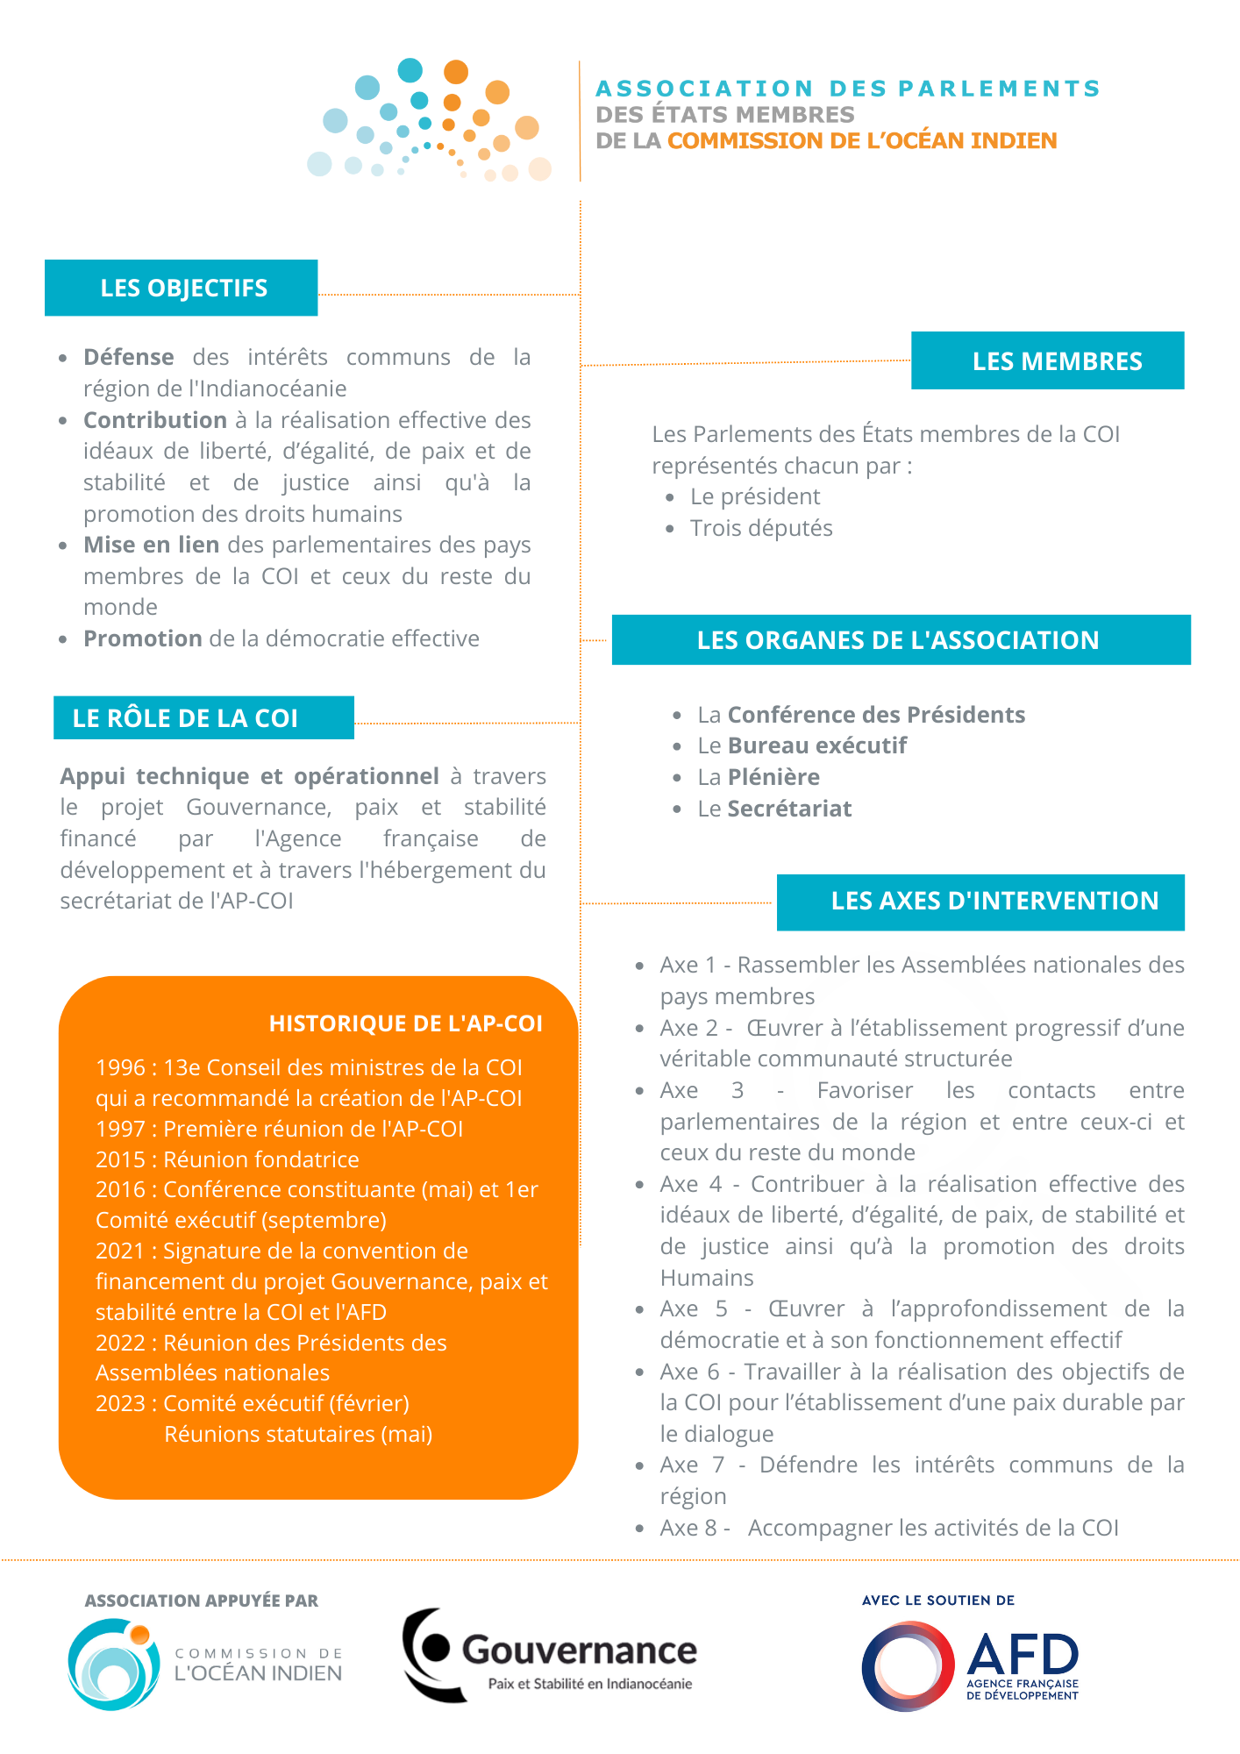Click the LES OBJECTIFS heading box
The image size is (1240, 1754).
(x=182, y=288)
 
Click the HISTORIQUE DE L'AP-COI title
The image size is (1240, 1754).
(x=405, y=1023)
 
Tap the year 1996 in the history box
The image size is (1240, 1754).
(x=120, y=1067)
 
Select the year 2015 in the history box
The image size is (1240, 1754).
(x=120, y=1159)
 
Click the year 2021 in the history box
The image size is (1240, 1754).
(x=120, y=1251)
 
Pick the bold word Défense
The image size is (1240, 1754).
(x=129, y=358)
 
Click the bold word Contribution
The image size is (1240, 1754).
(x=155, y=420)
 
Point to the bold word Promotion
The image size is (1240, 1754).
(x=143, y=638)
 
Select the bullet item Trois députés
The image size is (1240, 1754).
(x=761, y=528)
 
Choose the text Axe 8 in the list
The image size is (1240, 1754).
(x=688, y=1528)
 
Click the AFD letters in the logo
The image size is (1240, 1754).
(x=1022, y=1654)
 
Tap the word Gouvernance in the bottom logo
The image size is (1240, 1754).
(x=579, y=1651)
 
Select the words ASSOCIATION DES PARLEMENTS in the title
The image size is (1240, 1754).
(x=847, y=89)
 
